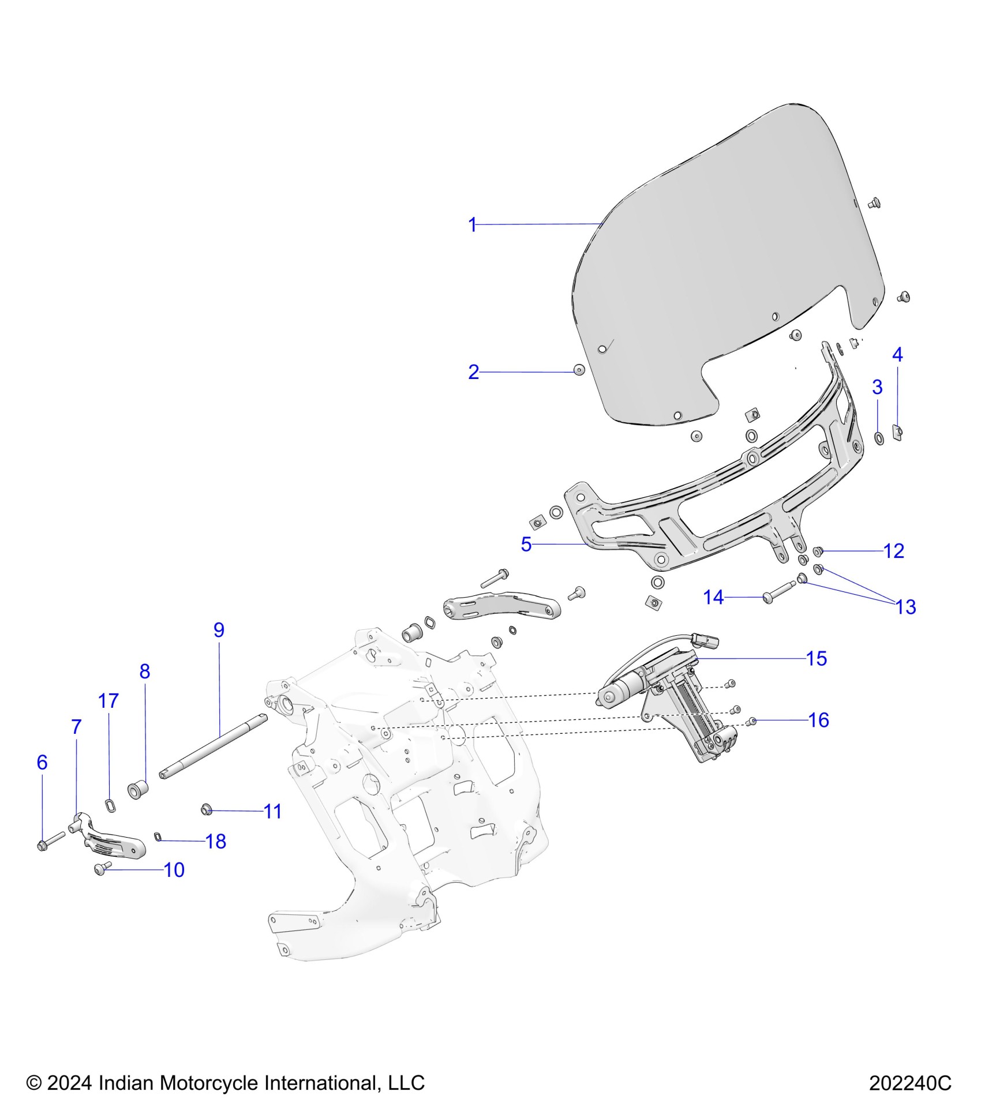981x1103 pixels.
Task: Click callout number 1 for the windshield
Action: point(473,224)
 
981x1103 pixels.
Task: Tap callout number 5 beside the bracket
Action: point(526,544)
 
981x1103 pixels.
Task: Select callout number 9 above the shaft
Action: point(219,630)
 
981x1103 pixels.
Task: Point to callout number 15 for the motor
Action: point(816,658)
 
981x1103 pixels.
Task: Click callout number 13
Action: point(905,607)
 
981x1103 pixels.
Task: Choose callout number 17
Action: point(108,701)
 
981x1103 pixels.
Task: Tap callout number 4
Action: point(897,355)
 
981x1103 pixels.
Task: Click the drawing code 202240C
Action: point(910,1083)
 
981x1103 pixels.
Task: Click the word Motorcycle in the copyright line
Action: point(210,1083)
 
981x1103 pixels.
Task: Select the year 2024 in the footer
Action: point(69,1083)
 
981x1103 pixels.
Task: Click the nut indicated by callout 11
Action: point(205,809)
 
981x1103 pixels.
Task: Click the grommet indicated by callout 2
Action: point(579,370)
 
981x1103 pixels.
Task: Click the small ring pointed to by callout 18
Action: point(158,836)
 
